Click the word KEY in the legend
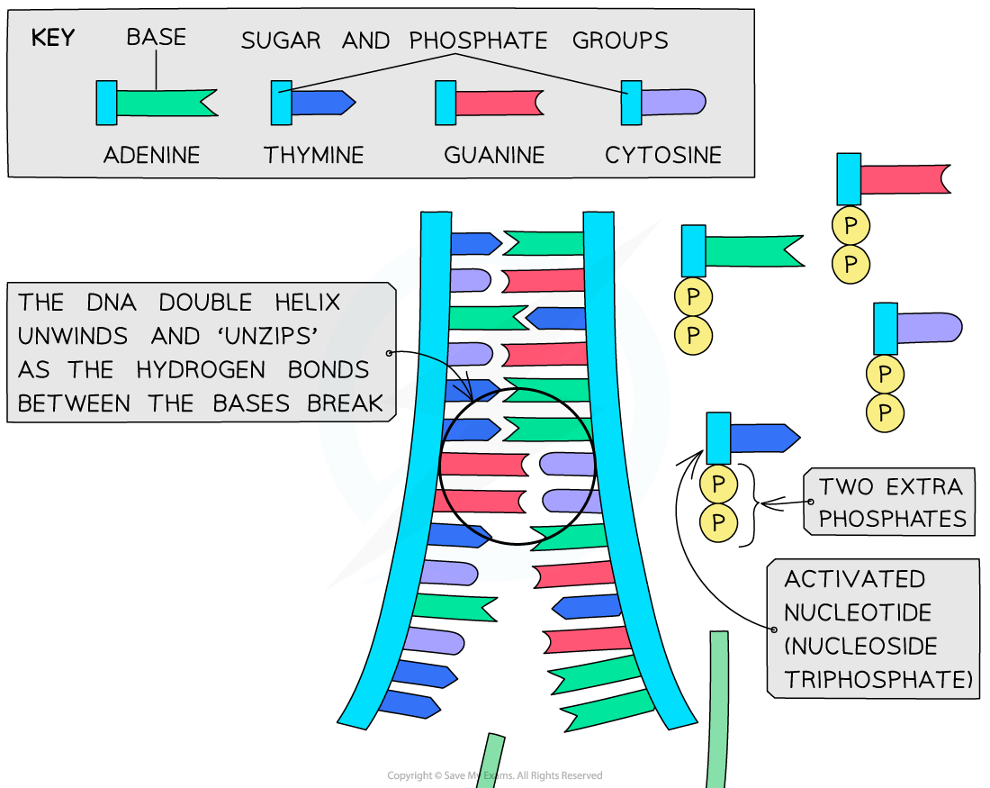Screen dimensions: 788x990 [x=52, y=38]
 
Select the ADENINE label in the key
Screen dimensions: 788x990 [x=150, y=155]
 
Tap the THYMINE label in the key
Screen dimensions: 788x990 [x=314, y=155]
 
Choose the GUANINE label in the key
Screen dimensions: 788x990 [x=494, y=155]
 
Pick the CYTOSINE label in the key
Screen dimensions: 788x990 [x=663, y=155]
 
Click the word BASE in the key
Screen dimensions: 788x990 [x=156, y=38]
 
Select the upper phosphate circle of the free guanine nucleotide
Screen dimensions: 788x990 [x=850, y=224]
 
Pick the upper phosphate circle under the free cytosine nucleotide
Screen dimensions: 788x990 [x=886, y=374]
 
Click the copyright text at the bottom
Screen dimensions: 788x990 [x=494, y=775]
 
